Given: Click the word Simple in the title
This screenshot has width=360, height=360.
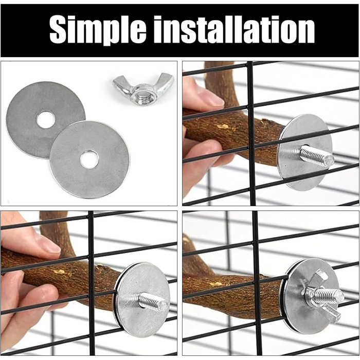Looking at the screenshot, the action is (x=98, y=30).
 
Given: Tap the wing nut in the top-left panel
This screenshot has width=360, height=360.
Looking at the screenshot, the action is (x=143, y=88).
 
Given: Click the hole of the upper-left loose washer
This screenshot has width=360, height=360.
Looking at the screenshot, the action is (x=45, y=119).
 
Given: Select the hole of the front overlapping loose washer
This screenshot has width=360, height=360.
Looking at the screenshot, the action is (x=89, y=159).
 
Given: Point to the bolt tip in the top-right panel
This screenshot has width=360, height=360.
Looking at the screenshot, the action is (x=330, y=158).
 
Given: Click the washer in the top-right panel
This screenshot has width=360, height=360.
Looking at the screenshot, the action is (x=304, y=152).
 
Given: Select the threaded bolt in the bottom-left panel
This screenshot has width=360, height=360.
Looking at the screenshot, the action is (x=153, y=300).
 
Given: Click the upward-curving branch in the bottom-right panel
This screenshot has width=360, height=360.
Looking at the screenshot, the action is (x=192, y=255).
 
